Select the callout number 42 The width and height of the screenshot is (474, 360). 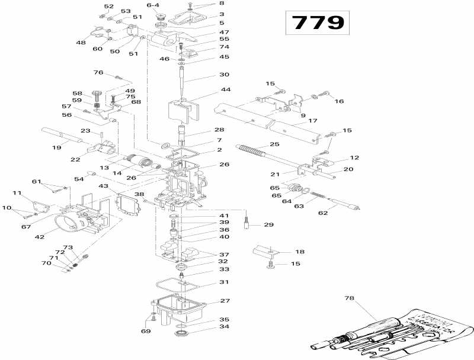[40, 237]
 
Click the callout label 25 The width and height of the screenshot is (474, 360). [274, 144]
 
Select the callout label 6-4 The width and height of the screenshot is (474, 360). [153, 5]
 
